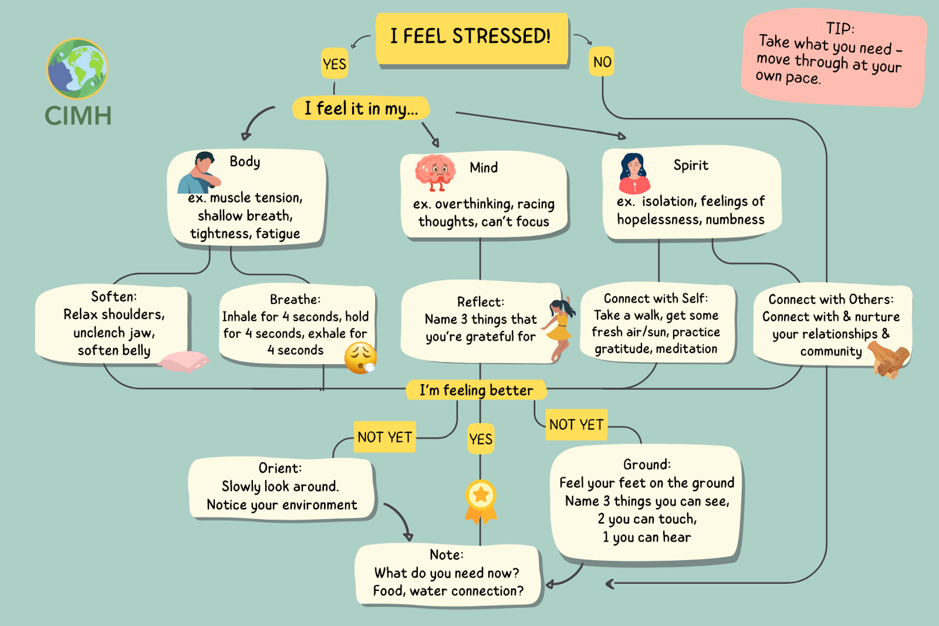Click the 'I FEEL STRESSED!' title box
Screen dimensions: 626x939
471,38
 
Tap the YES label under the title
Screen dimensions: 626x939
335,64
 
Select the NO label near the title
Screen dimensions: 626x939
602,62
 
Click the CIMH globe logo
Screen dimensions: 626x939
77,69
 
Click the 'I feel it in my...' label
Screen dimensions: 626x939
361,109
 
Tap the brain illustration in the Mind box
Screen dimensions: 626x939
435,172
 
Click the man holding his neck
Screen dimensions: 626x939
200,172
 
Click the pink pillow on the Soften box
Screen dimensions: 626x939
183,361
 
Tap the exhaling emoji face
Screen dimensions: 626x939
360,358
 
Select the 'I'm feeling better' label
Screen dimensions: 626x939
476,390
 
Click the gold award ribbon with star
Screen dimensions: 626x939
481,502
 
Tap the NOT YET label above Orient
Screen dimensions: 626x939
384,437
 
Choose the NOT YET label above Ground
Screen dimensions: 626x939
576,425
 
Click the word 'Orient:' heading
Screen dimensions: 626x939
280,468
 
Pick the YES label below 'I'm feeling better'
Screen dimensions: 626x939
481,439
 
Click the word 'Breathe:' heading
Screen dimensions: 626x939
295,299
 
